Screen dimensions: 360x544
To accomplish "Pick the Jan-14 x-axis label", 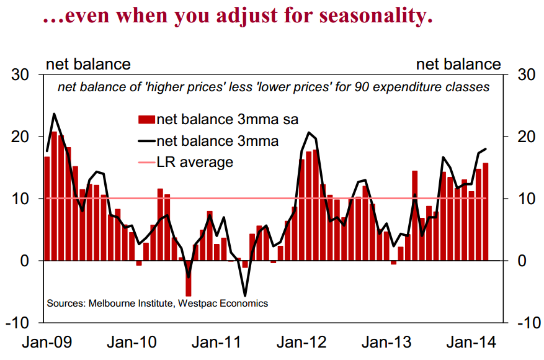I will coord(466,343).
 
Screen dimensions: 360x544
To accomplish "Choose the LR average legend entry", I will coord(195,163).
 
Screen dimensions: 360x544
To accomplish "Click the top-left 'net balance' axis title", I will coord(88,64).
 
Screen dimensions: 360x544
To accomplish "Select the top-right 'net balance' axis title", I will coord(458,64).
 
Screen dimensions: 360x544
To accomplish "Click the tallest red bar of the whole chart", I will coord(54,196).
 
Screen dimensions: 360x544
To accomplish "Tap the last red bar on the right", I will coord(485,212).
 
